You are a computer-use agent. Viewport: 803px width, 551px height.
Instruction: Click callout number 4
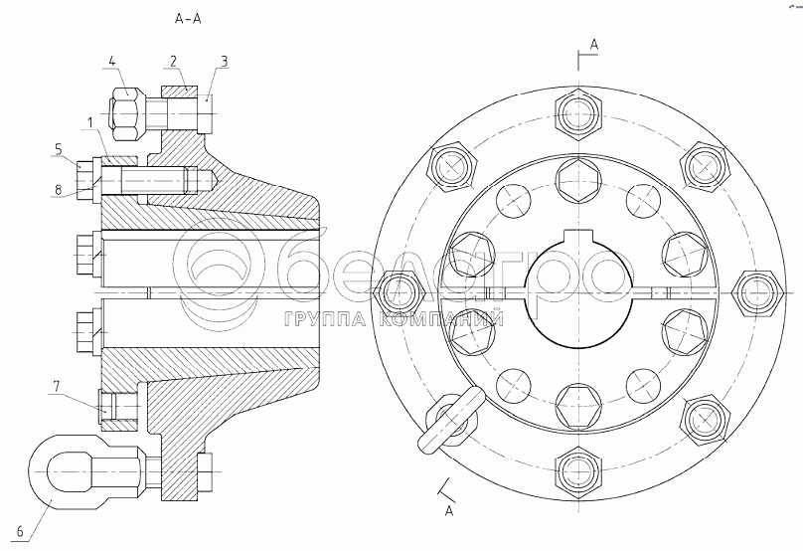pyautogui.click(x=112, y=62)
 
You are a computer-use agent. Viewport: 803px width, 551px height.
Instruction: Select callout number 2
pyautogui.click(x=173, y=62)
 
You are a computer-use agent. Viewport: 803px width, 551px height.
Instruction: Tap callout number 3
pyautogui.click(x=225, y=62)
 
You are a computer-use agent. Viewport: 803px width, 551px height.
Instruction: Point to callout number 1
pyautogui.click(x=90, y=121)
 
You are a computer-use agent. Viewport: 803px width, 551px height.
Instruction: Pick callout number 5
pyautogui.click(x=59, y=149)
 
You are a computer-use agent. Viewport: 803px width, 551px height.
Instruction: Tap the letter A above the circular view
pyautogui.click(x=593, y=45)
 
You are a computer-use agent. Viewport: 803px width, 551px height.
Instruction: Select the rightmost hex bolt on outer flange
pyautogui.click(x=751, y=290)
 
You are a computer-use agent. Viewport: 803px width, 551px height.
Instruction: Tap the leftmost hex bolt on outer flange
pyautogui.click(x=402, y=290)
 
